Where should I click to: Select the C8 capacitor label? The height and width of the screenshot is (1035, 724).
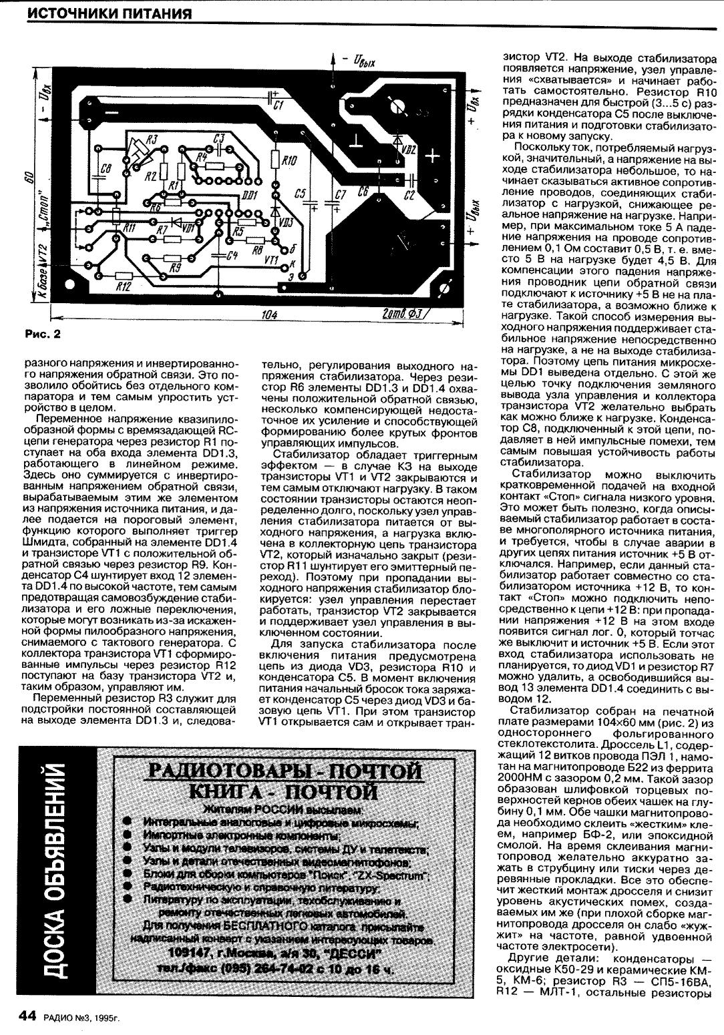[105, 171]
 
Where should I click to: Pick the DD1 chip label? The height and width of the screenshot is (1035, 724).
[250, 194]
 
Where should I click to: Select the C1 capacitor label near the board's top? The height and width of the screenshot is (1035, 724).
[280, 106]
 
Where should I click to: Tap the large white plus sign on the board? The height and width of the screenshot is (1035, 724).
[432, 157]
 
